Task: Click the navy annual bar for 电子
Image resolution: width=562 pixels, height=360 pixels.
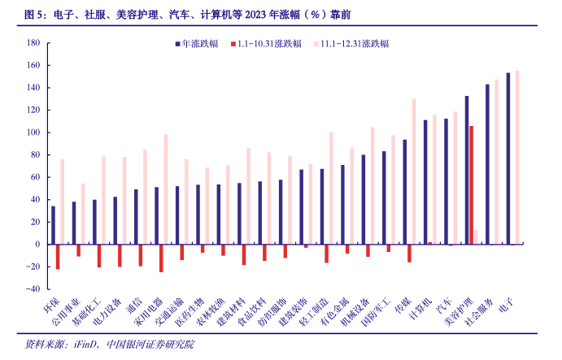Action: pyautogui.click(x=508, y=158)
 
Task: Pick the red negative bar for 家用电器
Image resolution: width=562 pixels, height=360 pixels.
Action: pyautogui.click(x=161, y=258)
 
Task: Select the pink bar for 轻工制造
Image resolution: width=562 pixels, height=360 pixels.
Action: pyautogui.click(x=331, y=188)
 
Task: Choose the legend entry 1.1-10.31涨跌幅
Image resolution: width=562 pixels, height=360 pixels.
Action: pyautogui.click(x=268, y=43)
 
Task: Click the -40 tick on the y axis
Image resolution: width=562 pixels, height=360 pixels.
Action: pyautogui.click(x=33, y=288)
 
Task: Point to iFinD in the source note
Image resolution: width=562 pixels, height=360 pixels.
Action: pyautogui.click(x=87, y=345)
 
